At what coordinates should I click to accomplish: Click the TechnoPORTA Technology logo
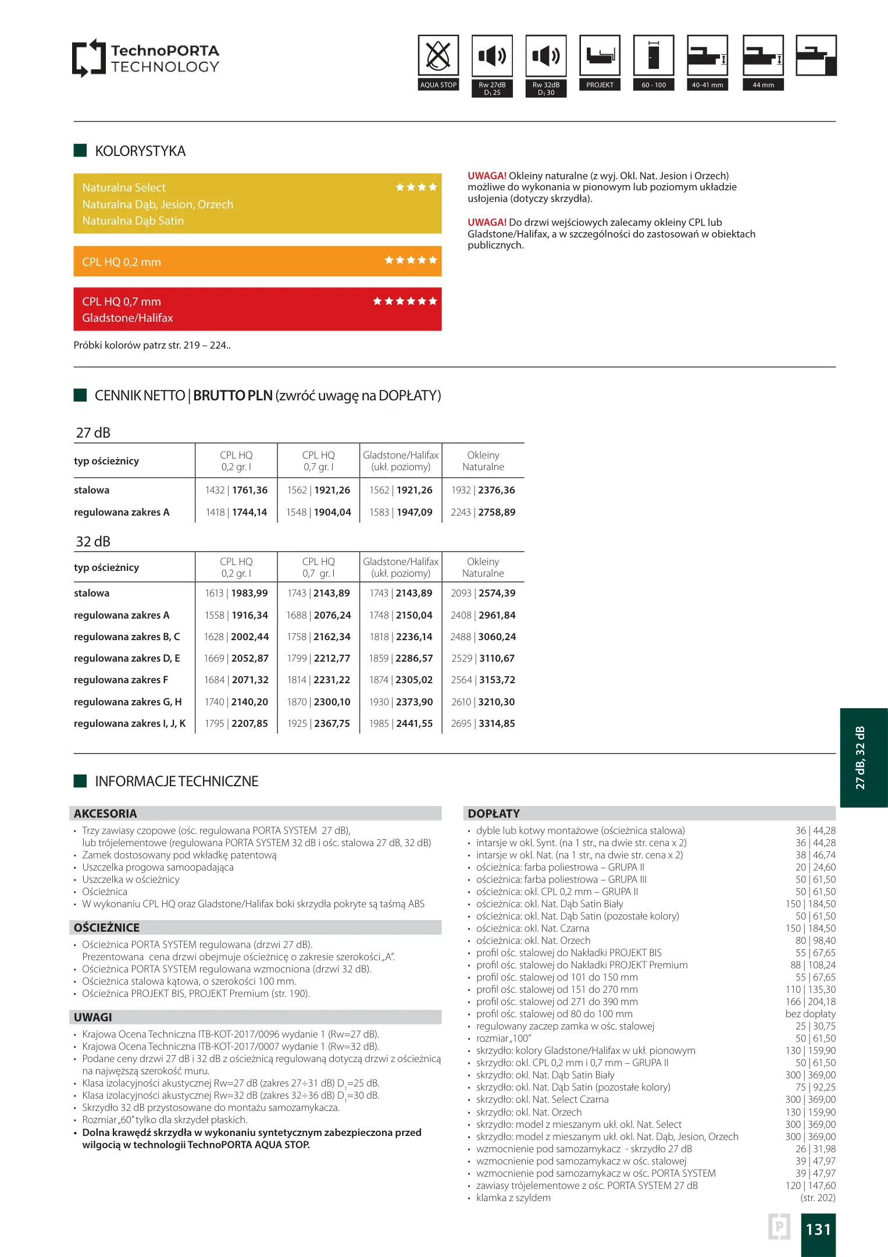(x=145, y=58)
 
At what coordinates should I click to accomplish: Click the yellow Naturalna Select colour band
(x=257, y=204)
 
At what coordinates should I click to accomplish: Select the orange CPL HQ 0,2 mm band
(x=257, y=261)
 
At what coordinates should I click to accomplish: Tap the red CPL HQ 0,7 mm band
(x=257, y=309)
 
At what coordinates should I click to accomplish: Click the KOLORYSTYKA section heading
(x=140, y=151)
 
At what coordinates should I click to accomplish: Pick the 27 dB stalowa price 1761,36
(x=249, y=490)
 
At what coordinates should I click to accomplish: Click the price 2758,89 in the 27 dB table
(x=497, y=512)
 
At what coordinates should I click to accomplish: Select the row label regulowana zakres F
(x=121, y=680)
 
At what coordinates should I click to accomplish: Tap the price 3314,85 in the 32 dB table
(x=497, y=723)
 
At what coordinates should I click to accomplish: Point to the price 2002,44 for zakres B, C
(x=249, y=637)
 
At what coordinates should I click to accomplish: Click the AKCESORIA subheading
(x=105, y=814)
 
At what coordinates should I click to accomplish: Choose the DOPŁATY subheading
(x=494, y=814)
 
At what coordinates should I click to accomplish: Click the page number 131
(x=818, y=1230)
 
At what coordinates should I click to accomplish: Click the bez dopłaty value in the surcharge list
(x=810, y=1014)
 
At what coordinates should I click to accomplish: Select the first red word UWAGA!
(x=487, y=176)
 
